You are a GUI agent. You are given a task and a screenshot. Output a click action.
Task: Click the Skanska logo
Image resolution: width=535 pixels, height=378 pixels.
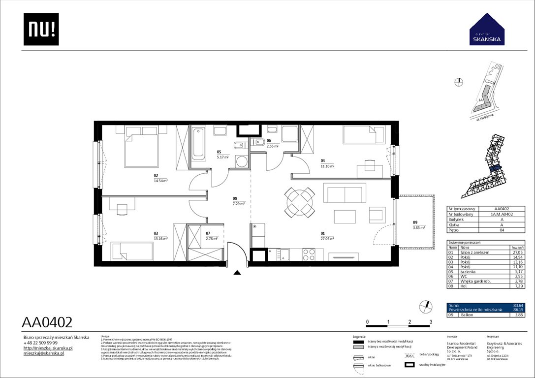(x=487, y=29)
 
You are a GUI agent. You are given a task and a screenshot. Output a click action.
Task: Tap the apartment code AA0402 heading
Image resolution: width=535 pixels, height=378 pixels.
(x=48, y=322)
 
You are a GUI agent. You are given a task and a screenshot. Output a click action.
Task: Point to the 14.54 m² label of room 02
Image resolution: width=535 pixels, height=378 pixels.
(x=161, y=181)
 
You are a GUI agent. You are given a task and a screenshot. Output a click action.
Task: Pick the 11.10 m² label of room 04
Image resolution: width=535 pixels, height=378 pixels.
(x=327, y=166)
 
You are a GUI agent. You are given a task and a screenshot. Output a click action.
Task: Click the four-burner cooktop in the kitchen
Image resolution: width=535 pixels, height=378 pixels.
(x=309, y=254)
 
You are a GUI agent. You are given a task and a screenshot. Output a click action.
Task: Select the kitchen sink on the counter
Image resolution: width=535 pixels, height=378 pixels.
(x=283, y=254)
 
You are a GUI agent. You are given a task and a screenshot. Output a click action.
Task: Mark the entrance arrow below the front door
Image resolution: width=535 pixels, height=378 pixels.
(x=237, y=272)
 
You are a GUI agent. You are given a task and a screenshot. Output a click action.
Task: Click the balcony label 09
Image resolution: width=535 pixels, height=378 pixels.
(x=415, y=222)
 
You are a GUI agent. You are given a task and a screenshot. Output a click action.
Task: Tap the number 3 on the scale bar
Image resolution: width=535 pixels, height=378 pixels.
(x=431, y=321)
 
